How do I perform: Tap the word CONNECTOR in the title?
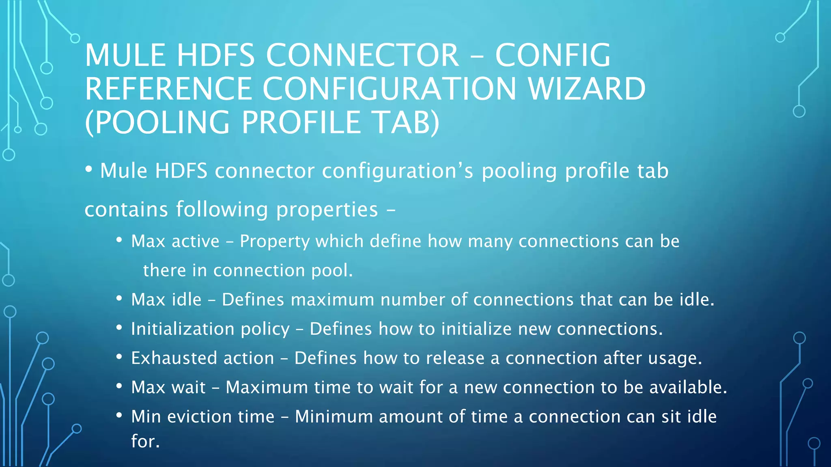point(362,55)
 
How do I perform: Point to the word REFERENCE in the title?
point(168,89)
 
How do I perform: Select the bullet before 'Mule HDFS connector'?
point(89,169)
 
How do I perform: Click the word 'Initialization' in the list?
point(183,329)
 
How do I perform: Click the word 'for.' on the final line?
point(145,441)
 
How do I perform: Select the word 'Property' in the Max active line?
point(275,242)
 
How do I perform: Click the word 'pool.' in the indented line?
point(332,270)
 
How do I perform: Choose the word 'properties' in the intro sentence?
point(327,210)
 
